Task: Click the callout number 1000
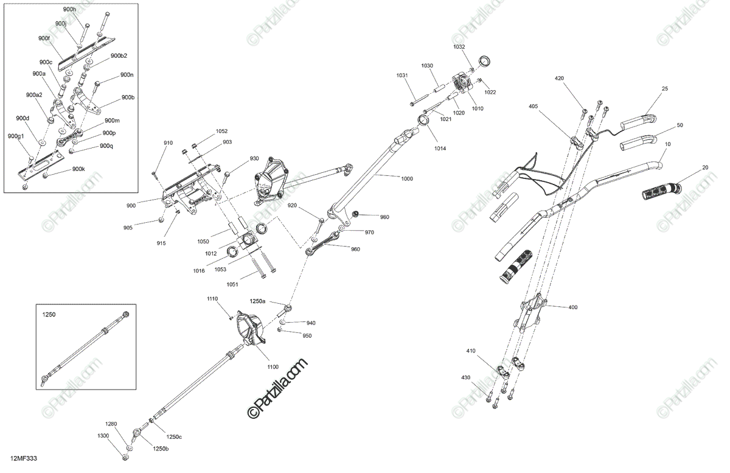point(406,179)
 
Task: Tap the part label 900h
point(69,10)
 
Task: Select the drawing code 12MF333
point(23,458)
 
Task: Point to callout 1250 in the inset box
point(48,315)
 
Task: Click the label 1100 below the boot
point(272,366)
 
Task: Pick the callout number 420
point(559,79)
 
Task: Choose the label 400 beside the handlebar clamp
point(572,307)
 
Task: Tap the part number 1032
point(459,47)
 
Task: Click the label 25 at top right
point(665,89)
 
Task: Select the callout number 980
point(384,217)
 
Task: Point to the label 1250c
point(175,436)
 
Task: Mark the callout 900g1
point(16,136)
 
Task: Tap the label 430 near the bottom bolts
point(466,378)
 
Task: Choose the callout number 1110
point(212,298)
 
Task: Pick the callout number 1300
point(103,436)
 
